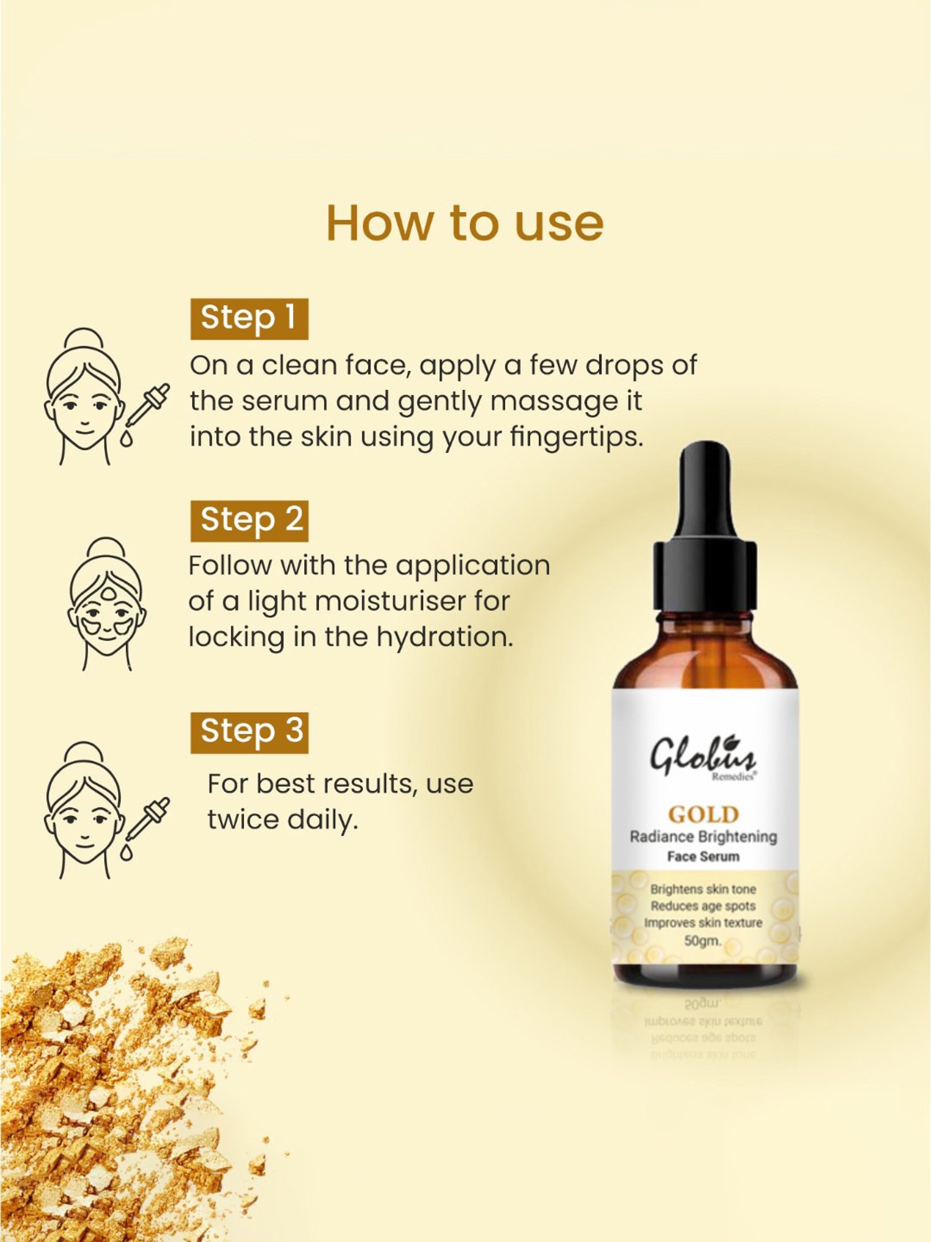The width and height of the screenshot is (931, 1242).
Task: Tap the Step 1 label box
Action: click(249, 319)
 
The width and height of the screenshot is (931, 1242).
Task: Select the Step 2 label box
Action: click(249, 520)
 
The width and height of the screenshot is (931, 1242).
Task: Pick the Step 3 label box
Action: click(249, 732)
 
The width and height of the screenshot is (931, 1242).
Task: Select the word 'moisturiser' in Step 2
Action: click(389, 601)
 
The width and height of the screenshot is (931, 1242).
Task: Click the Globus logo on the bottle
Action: click(703, 757)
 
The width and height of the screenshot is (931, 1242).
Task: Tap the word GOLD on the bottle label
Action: click(703, 814)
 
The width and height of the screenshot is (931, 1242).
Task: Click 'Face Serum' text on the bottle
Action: click(703, 856)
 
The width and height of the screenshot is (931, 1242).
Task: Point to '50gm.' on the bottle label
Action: click(703, 941)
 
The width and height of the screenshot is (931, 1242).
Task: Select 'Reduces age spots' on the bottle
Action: click(703, 906)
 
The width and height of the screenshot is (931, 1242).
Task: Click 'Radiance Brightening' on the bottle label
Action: click(703, 836)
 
